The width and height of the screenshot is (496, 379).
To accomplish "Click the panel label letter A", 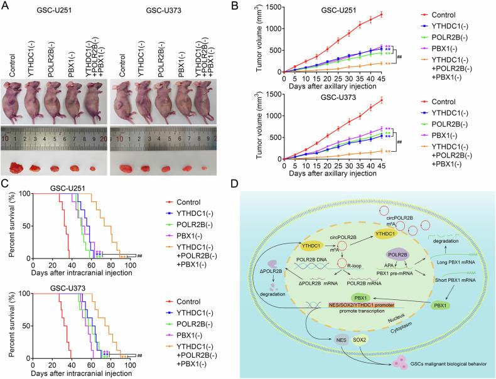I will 5,6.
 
